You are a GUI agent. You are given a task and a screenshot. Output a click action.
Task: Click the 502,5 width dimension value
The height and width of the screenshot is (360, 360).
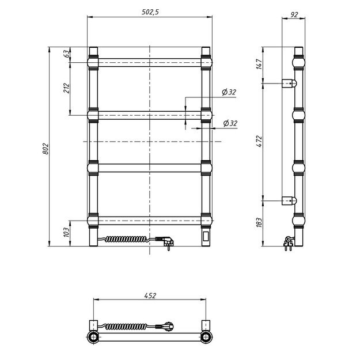(x=150, y=12)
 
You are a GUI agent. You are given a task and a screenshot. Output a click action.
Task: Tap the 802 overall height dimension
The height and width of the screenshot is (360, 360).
(x=46, y=149)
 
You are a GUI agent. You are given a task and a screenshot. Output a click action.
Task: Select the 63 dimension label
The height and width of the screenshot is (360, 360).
(x=66, y=54)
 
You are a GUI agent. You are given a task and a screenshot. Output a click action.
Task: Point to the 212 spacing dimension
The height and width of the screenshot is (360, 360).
(x=66, y=88)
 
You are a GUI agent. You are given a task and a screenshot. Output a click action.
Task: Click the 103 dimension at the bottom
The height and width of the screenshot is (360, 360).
(x=66, y=232)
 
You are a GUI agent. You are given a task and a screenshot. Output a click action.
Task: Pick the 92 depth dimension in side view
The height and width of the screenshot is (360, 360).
(x=294, y=15)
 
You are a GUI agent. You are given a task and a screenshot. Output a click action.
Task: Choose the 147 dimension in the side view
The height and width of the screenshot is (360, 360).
(x=259, y=64)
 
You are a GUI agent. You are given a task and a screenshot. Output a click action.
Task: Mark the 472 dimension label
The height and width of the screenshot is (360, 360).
(x=259, y=142)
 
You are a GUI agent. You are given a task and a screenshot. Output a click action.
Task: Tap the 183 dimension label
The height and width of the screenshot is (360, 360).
(x=259, y=222)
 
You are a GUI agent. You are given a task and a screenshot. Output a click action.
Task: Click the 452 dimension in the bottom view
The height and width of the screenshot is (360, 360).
(x=150, y=295)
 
